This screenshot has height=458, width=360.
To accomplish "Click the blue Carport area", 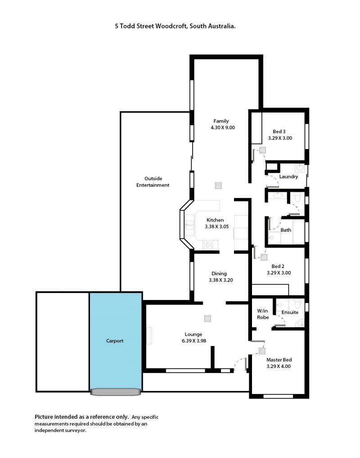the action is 116,340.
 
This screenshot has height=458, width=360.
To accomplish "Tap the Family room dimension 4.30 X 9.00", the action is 223,127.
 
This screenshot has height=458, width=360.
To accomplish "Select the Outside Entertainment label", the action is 153,181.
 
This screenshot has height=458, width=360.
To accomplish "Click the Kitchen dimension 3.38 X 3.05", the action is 216,227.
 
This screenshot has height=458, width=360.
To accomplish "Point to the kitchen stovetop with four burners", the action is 208,245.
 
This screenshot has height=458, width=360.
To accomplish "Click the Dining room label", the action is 219,273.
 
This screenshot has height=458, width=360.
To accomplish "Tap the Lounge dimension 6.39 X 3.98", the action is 194,340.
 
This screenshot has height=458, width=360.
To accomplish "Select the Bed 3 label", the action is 279,132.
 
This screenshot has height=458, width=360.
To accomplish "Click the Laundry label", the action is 288,177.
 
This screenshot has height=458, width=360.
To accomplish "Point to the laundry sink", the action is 300,168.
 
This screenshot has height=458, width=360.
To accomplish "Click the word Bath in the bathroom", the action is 286,230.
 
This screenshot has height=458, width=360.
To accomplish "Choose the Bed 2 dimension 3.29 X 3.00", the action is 279,272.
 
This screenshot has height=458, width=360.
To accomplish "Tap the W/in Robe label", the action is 263,314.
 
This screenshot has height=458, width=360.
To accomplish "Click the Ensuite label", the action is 290,312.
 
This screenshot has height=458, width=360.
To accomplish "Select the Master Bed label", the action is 279,360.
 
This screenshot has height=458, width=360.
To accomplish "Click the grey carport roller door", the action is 116,392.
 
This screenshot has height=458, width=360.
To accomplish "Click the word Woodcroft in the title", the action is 171,26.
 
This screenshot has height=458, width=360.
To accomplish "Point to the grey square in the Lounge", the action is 207,318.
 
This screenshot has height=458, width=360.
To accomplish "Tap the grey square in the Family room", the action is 218,186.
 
